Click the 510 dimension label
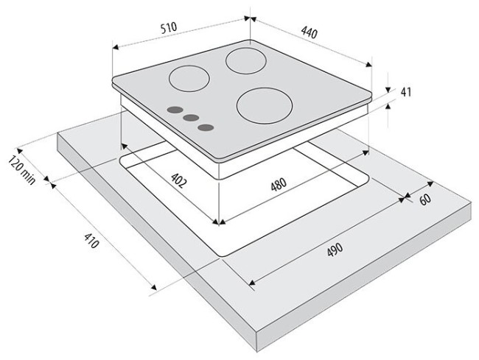pos(169,27)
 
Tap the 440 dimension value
pos(310,32)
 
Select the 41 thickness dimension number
pos(406,92)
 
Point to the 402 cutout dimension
pos(178,180)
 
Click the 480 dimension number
pos(279,184)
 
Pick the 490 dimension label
pos(335,250)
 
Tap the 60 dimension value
pos(425,199)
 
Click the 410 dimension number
pos(91,240)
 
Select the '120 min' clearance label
pos(21,170)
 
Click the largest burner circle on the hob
pos(265,105)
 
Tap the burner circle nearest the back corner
pos(246,60)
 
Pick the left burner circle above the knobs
pos(189,79)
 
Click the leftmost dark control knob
pos(175,110)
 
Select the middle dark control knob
pos(192,118)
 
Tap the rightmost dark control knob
pos(206,127)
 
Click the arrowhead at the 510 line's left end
pos(115,47)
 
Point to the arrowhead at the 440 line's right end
pos(369,64)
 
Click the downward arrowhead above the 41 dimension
pos(388,90)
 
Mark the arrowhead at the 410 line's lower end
pos(154,287)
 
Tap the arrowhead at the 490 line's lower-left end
pos(251,283)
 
